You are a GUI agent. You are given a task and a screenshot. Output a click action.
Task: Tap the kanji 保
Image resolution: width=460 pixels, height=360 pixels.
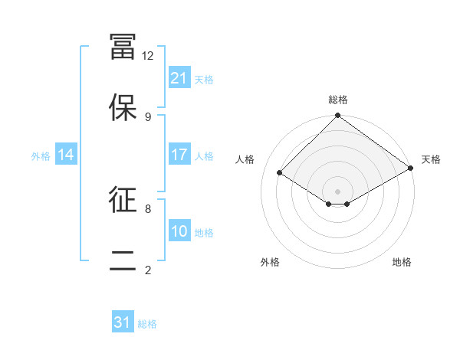click(123, 106)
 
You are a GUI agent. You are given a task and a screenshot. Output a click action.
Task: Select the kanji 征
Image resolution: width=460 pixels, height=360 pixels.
click(123, 201)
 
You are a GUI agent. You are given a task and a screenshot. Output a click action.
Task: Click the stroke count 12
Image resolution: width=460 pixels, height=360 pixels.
click(148, 56)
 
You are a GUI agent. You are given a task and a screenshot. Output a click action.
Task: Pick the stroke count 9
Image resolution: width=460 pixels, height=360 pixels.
click(148, 117)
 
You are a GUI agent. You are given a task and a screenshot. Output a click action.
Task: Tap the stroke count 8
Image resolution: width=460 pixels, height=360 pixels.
click(148, 208)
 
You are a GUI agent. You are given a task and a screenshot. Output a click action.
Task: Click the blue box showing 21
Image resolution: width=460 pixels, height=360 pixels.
click(179, 78)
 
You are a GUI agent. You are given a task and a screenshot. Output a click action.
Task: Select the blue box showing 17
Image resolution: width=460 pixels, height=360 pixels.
click(179, 155)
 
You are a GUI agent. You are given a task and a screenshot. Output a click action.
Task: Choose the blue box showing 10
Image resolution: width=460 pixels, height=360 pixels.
click(179, 231)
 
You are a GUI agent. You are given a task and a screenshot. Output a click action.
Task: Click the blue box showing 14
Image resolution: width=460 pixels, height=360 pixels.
click(66, 155)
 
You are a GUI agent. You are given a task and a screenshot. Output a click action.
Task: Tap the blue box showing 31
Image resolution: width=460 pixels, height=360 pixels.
click(123, 322)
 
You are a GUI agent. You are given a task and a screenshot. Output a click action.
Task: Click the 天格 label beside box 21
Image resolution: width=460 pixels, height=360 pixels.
click(204, 79)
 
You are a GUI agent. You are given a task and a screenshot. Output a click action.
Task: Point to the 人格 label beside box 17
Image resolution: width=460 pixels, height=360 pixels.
click(204, 155)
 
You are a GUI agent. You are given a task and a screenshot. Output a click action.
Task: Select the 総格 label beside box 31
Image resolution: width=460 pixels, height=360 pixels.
click(147, 323)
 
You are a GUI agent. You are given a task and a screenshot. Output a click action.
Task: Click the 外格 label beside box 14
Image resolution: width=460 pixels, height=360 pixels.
click(41, 155)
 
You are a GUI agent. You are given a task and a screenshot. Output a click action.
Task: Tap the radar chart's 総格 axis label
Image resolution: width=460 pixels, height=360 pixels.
click(337, 100)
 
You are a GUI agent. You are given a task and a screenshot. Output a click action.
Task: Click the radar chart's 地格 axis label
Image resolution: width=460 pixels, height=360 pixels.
click(402, 262)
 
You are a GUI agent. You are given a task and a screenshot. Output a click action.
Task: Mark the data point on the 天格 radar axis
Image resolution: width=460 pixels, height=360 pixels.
click(411, 169)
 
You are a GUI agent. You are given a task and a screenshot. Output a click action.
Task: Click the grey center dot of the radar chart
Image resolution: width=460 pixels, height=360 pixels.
click(337, 191)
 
